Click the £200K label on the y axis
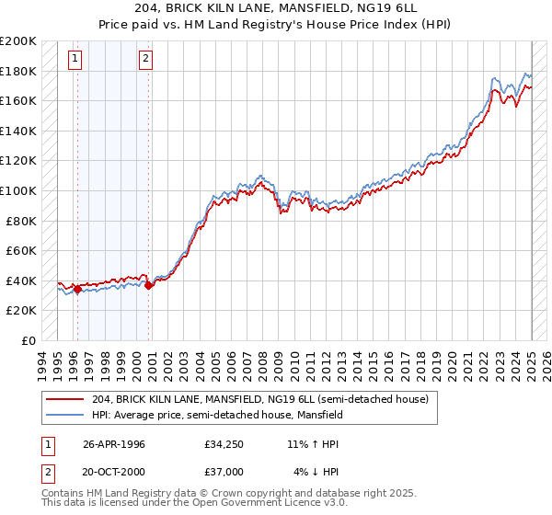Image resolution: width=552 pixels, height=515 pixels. tap(18, 41)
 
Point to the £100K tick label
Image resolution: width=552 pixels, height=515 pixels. tap(18, 190)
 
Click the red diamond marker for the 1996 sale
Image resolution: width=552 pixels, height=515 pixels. tap(77, 289)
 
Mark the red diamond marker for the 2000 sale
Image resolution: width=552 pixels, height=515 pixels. tap(148, 285)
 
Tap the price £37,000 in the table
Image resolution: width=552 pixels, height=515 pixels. tap(224, 472)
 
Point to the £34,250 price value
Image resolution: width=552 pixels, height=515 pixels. tap(224, 444)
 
